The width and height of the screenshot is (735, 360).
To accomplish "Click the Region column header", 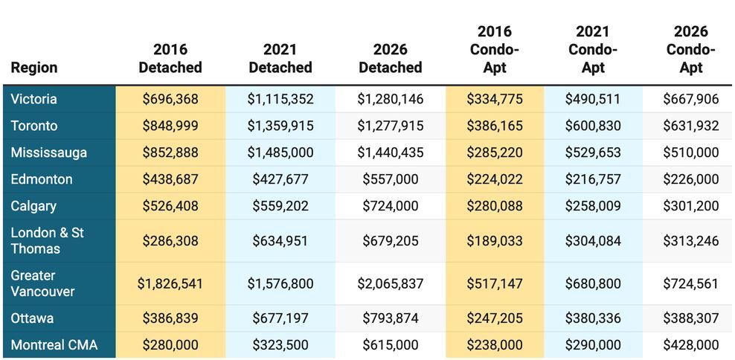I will pos(34,68).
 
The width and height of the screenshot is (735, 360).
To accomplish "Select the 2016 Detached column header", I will pos(170,59).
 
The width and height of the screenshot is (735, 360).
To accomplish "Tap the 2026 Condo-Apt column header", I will pos(690,50).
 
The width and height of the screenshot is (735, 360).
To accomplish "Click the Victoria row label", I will pos(34,99).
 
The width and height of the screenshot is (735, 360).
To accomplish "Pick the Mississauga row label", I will pos(49,152).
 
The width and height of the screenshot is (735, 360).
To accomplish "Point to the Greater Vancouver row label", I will pos(43,283).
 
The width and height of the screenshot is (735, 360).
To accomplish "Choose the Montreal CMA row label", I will pos(54,345).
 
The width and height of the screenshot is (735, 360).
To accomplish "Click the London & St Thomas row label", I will pos(48,241).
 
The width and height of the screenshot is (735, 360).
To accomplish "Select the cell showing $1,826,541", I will pos(170,283).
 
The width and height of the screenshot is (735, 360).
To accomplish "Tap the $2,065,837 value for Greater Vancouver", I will pos(391,283).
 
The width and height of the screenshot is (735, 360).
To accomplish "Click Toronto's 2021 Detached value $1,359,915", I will pos(280,126).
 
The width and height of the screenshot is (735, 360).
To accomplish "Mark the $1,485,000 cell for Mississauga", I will pos(280,152).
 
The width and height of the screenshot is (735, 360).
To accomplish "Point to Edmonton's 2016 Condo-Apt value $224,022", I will pos(495,179).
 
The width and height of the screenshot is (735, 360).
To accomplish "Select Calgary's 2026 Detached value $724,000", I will pos(391,206).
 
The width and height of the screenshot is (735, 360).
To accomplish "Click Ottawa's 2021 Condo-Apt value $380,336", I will pos(593,318).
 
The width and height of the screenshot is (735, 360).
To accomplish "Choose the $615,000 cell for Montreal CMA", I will pos(391,345).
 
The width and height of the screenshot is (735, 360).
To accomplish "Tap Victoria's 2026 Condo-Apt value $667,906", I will pos(690,99).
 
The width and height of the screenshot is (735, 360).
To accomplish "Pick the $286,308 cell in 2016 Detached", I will pos(170,241).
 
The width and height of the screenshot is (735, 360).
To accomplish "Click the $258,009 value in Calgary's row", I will pos(593,206).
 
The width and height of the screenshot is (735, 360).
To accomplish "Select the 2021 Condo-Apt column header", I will pos(593,50).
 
